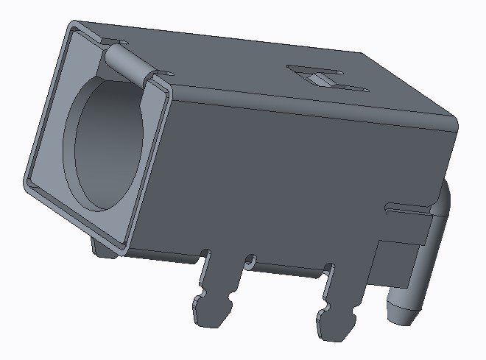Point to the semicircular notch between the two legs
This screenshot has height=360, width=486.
(251, 260)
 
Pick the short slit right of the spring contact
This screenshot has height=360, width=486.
(165, 73)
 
